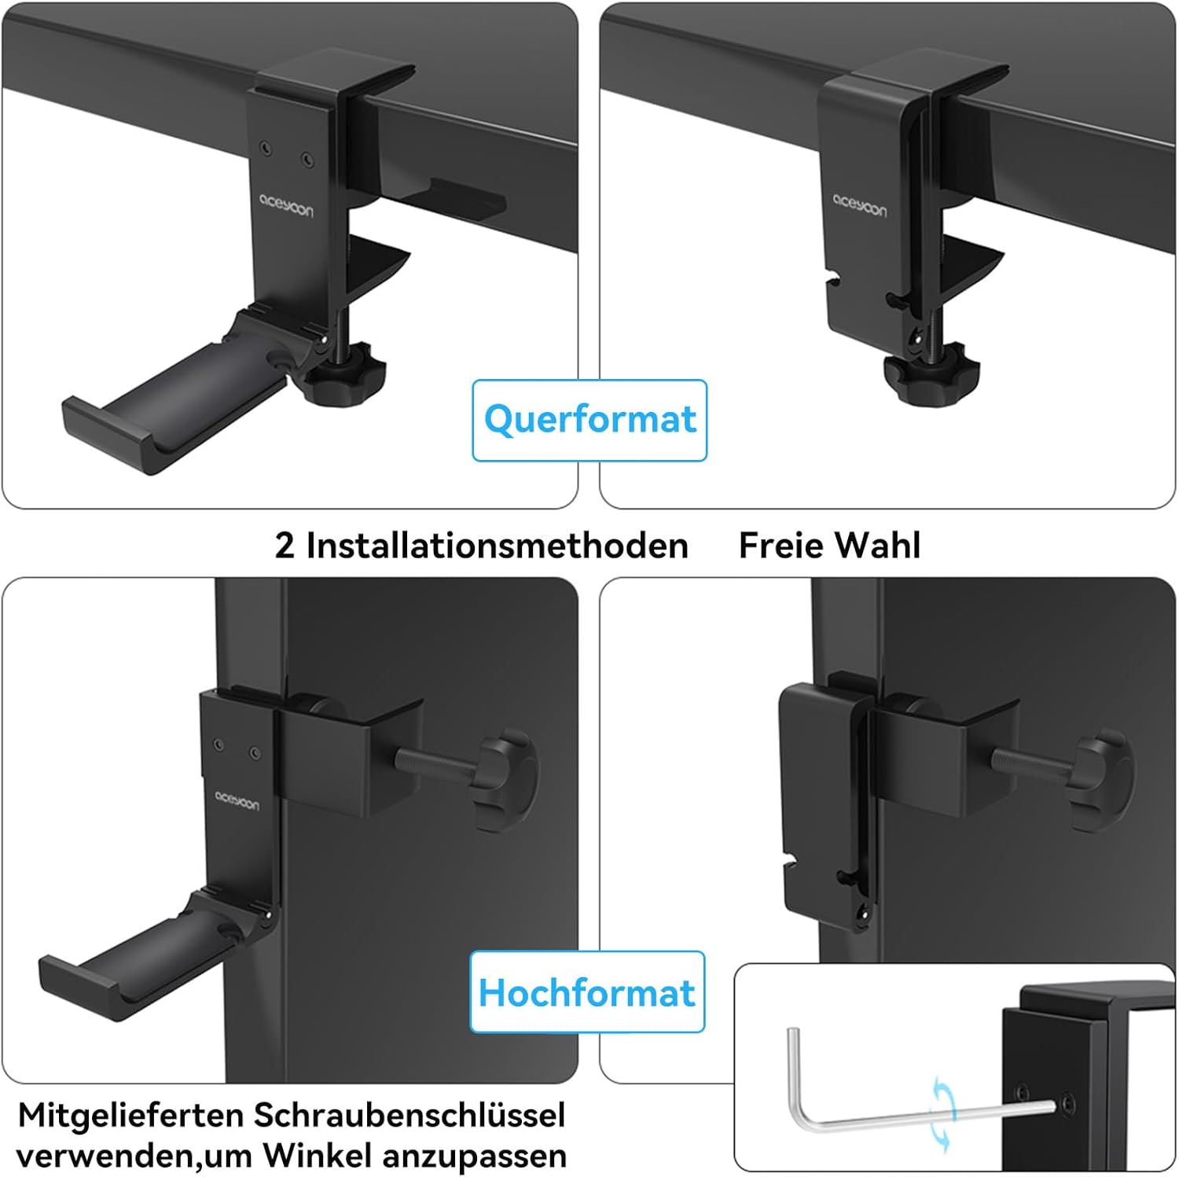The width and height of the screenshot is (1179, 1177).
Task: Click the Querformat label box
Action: (x=589, y=420)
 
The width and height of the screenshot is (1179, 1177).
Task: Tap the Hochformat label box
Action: (x=587, y=992)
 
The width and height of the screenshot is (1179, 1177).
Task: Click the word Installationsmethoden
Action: (x=497, y=545)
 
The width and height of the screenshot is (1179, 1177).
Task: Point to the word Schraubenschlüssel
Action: (x=410, y=1115)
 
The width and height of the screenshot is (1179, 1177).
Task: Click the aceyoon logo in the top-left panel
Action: (x=286, y=204)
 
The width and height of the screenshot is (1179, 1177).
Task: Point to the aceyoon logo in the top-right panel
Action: (x=861, y=206)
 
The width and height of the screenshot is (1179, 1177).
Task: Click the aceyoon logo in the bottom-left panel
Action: (x=237, y=800)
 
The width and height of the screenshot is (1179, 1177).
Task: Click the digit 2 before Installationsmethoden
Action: (x=285, y=546)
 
